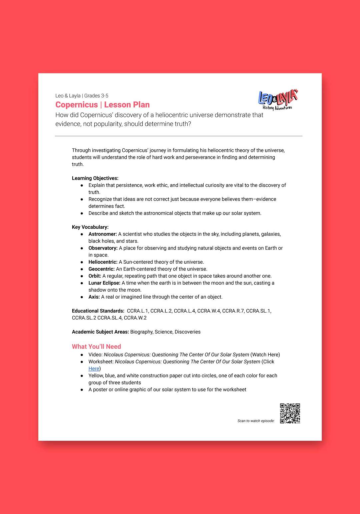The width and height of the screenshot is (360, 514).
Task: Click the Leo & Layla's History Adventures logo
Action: pyautogui.click(x=278, y=99)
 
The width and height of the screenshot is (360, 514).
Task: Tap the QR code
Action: pyautogui.click(x=290, y=413)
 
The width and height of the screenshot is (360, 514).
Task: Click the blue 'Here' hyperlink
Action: pyautogui.click(x=94, y=369)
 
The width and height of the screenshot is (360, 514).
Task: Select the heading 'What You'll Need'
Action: pyautogui.click(x=96, y=347)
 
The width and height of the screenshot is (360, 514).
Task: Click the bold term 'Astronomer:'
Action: pyautogui.click(x=103, y=234)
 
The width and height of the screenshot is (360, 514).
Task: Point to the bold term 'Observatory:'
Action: pyautogui.click(x=103, y=248)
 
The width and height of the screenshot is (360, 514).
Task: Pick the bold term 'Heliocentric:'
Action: pyautogui.click(x=103, y=262)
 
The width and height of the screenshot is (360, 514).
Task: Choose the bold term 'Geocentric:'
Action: pyautogui.click(x=101, y=269)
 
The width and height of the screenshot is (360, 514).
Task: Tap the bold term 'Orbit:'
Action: pyautogui.click(x=95, y=276)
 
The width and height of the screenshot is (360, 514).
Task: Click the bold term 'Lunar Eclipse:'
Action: pyautogui.click(x=104, y=283)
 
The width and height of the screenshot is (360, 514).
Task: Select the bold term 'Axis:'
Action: pyautogui.click(x=94, y=297)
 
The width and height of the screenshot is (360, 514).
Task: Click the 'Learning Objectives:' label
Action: pyautogui.click(x=95, y=178)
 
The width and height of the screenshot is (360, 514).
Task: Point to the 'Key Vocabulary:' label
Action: pyautogui.click(x=90, y=227)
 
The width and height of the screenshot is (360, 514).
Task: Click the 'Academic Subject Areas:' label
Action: pyautogui.click(x=100, y=332)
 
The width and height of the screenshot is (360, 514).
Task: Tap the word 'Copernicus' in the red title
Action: pyautogui.click(x=77, y=105)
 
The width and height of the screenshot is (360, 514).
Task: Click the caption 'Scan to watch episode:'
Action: pyautogui.click(x=256, y=421)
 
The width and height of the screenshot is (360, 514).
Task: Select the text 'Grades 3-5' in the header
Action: pyautogui.click(x=96, y=96)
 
